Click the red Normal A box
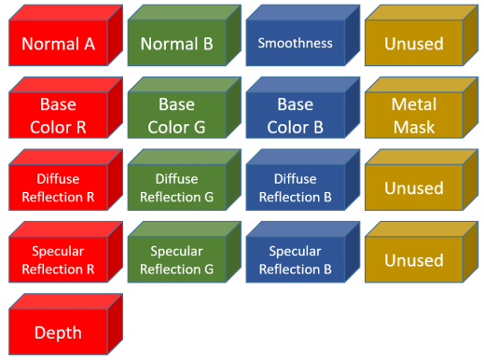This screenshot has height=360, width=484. point(58,43)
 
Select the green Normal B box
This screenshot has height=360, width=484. point(177,43)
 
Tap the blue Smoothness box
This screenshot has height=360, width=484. point(295,43)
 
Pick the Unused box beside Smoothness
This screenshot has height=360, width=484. point(414,43)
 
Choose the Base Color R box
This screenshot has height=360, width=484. point(58,116)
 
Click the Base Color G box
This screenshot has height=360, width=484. point(177,116)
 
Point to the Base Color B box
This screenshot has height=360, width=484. point(295,116)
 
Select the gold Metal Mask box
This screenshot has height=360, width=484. point(414,116)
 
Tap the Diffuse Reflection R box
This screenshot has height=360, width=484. point(58,187)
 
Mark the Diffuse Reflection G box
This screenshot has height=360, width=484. point(177,187)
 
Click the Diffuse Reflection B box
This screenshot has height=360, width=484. point(295,187)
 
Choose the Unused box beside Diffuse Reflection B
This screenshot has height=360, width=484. point(414,187)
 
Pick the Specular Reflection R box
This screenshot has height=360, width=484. point(58,259)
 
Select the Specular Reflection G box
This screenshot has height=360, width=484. point(177,259)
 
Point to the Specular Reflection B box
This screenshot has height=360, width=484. point(295,259)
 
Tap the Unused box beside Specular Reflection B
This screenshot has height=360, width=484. point(414,259)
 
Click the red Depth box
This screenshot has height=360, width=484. point(58,332)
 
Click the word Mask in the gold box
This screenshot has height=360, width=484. point(414,127)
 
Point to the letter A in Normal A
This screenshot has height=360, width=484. point(89,44)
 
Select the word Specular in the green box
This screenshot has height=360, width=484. point(177,251)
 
